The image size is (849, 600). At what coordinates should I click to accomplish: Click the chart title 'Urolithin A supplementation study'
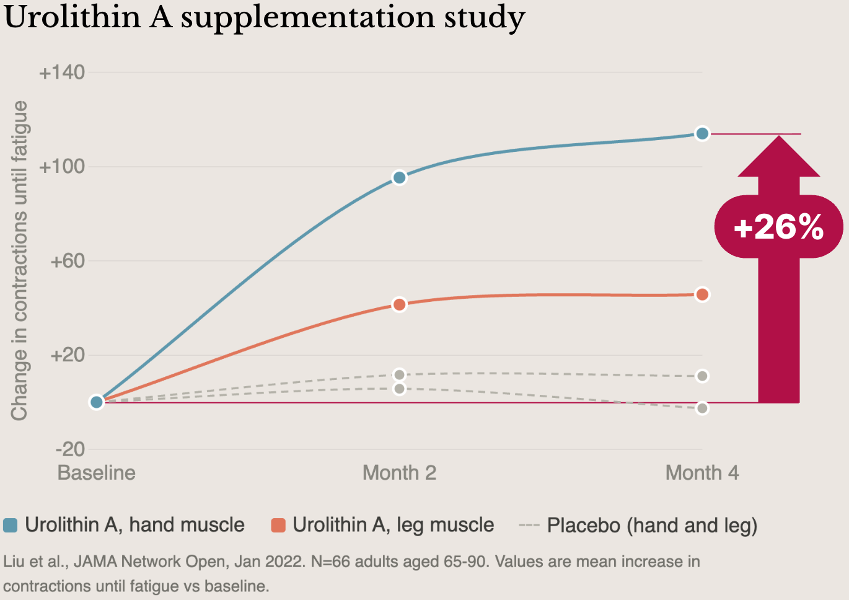265,17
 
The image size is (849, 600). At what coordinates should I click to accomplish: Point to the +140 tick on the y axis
62,73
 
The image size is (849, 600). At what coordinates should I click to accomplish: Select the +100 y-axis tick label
62,167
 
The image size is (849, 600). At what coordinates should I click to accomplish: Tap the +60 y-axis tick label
67,261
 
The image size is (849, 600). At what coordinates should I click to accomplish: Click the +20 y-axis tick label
67,355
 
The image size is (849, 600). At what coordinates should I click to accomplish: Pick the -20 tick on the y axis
69,449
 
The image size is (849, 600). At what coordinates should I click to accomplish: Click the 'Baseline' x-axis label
96,473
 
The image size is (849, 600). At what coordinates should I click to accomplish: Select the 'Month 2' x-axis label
399,473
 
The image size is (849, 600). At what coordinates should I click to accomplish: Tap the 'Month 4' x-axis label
702,473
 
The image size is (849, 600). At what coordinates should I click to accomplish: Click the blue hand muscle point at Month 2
400,178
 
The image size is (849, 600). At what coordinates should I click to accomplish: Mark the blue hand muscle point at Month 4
702,133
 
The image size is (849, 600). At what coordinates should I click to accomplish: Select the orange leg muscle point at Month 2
400,304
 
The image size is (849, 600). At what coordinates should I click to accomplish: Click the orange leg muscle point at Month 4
702,294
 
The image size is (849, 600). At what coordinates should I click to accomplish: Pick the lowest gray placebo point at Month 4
702,408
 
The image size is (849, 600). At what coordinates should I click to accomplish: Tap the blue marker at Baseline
97,402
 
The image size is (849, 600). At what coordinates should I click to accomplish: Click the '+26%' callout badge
778,227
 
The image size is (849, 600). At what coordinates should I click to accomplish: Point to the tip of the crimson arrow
779,136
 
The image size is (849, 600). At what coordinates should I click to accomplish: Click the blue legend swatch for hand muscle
11,525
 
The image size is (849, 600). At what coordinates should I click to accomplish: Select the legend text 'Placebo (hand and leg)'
652,525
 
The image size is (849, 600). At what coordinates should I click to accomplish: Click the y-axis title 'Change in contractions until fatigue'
19,260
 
